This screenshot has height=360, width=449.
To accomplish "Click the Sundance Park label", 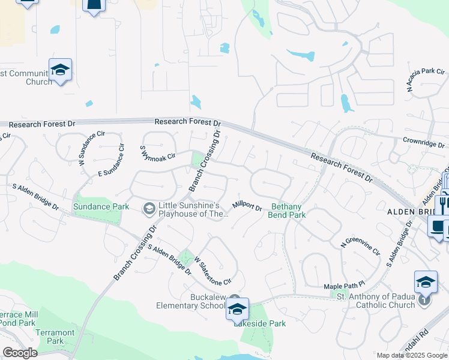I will (101, 206).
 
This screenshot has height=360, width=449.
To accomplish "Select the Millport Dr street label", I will (247, 205).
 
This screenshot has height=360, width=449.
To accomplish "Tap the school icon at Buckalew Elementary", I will (237, 310).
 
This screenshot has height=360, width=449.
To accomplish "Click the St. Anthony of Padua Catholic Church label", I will (376, 301).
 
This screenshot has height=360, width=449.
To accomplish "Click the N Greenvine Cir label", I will (360, 249).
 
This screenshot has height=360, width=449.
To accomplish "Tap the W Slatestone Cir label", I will (212, 271).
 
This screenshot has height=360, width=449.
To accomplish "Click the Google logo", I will (20, 353).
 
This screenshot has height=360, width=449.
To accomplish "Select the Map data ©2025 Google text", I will (411, 355).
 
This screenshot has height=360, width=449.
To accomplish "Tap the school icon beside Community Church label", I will (61, 70).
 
